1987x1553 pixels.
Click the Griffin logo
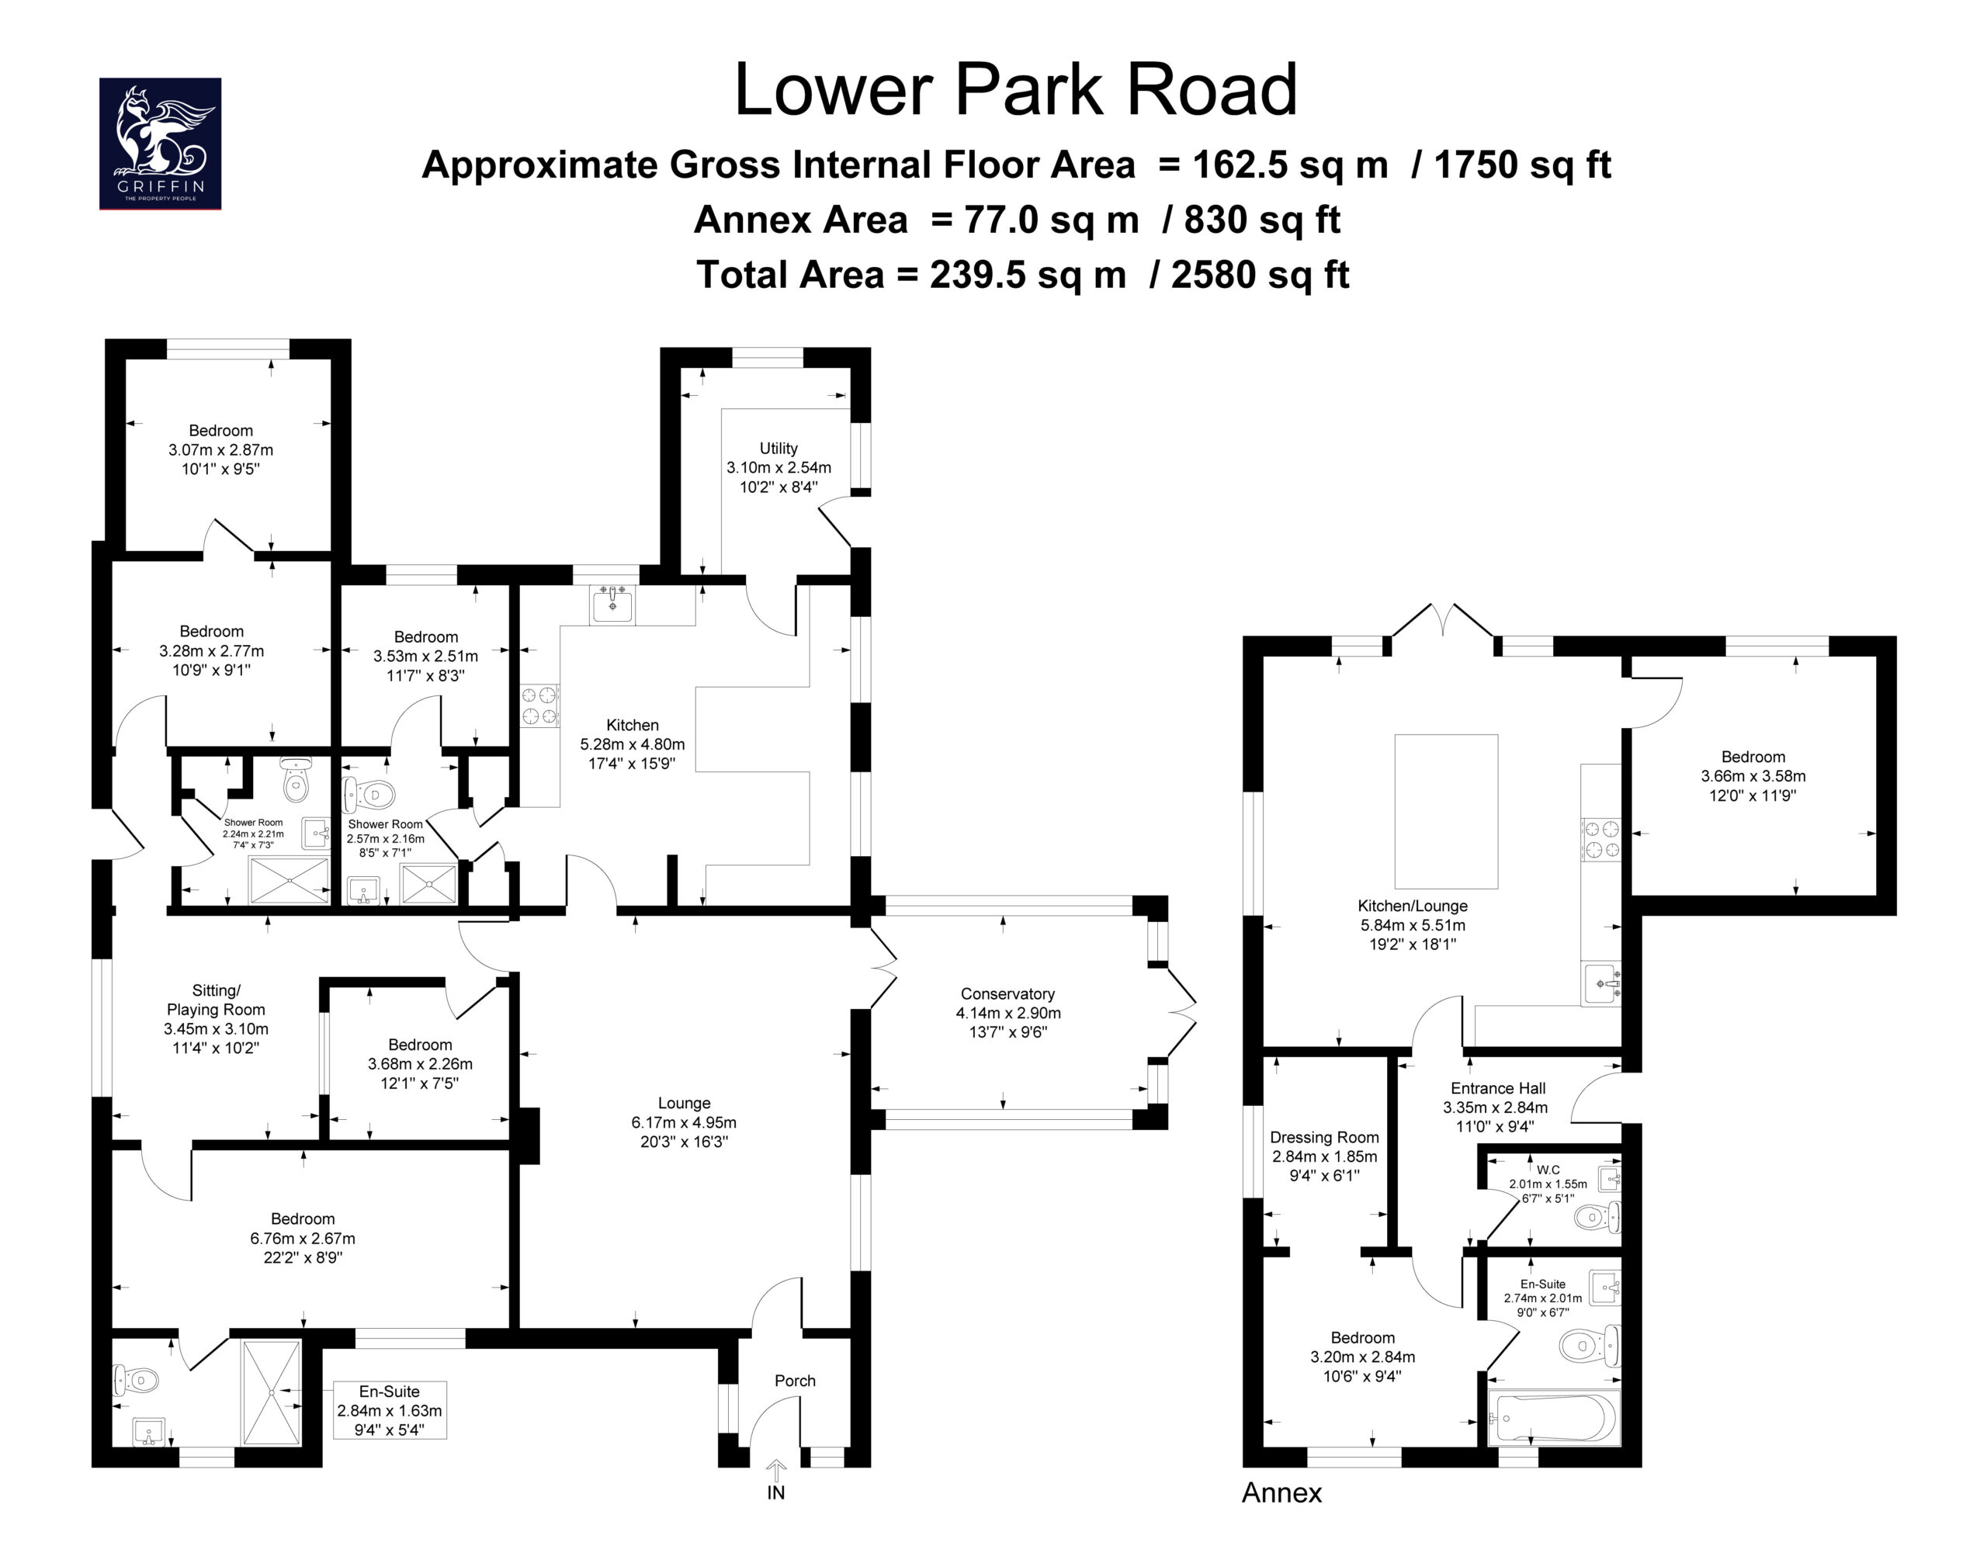point(160,144)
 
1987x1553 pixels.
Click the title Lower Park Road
point(1015,89)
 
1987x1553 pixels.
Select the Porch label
point(795,1380)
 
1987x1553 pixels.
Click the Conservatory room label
point(1007,993)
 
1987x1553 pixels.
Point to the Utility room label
point(779,448)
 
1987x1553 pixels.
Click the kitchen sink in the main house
point(612,603)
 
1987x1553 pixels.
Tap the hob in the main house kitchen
point(539,706)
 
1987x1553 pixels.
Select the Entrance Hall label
point(1497,1088)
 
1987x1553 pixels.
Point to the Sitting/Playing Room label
point(217,1000)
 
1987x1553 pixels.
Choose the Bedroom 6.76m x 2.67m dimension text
point(303,1238)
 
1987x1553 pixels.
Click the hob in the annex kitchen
point(1601,839)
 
